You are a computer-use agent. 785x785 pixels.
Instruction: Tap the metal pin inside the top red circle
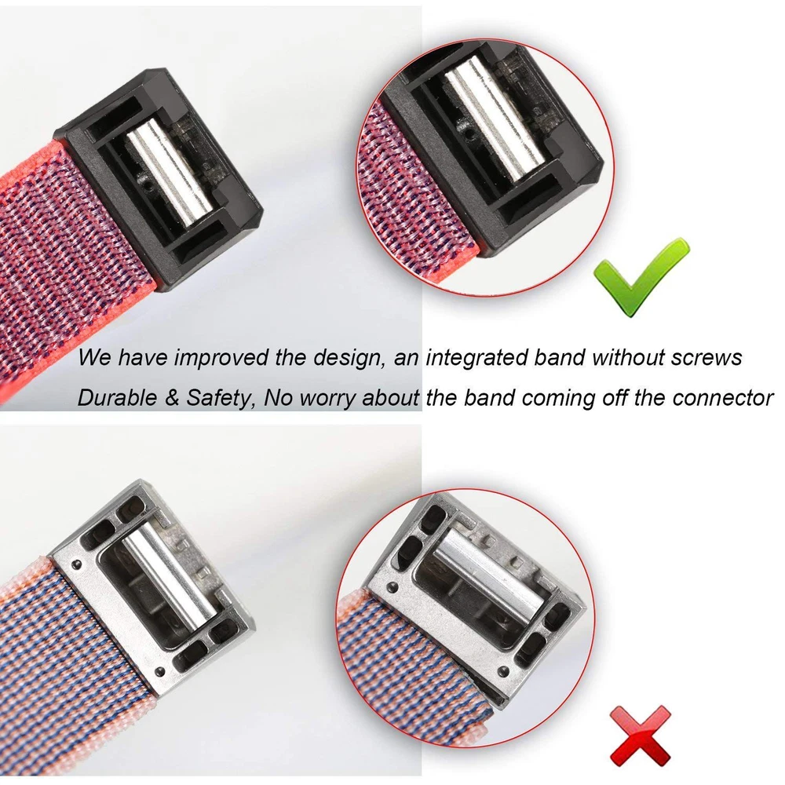(x=494, y=119)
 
